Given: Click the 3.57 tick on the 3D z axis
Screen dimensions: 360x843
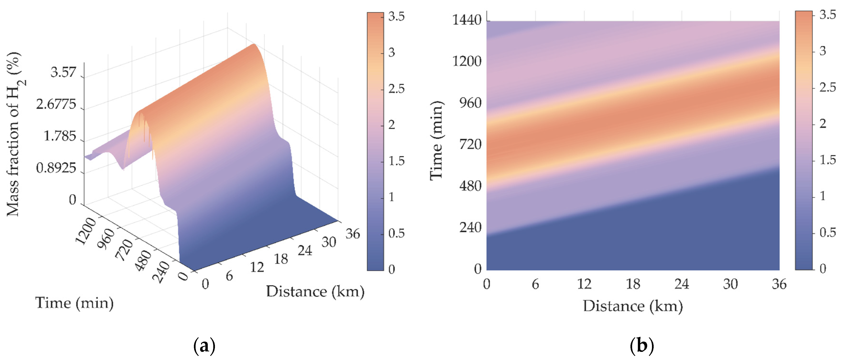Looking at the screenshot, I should (x=63, y=72).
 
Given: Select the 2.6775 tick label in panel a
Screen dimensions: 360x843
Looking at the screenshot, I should (x=56, y=104).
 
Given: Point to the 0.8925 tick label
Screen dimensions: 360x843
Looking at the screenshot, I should (x=56, y=168).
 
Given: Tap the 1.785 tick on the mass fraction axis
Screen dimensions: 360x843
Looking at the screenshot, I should (x=60, y=136).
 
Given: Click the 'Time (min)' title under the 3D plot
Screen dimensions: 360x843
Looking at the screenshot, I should (x=74, y=303).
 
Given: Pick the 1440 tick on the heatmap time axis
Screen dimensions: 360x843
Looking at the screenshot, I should (x=467, y=20).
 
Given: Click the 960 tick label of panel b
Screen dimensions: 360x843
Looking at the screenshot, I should (x=470, y=103).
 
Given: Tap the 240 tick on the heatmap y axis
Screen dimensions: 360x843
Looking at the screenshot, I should (x=470, y=228).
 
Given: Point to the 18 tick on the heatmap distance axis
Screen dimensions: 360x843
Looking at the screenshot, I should (x=633, y=284).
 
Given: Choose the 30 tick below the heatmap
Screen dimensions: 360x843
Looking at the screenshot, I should (x=730, y=284).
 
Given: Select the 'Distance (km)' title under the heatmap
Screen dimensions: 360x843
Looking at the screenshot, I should (x=633, y=306).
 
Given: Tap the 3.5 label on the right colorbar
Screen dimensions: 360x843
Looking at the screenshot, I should (x=827, y=15).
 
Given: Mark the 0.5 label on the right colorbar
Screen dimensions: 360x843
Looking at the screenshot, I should (x=827, y=232).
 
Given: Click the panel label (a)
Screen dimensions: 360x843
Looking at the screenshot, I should (x=204, y=346).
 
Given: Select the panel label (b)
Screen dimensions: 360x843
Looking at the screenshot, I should (x=642, y=346).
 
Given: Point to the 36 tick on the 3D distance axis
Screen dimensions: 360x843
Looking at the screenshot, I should (x=352, y=234).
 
